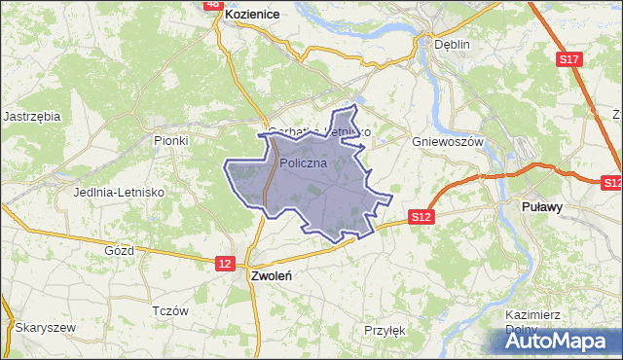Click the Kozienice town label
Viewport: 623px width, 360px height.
[252, 16]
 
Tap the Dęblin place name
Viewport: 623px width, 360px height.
[452, 44]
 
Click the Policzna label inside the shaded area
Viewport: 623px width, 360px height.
[310, 163]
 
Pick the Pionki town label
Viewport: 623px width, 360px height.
[170, 140]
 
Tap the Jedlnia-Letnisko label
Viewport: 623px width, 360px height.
[118, 192]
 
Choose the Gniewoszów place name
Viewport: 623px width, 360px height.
[448, 141]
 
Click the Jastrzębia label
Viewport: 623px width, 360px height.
[32, 116]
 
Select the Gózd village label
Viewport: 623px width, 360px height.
[119, 250]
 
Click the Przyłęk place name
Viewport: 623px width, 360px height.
[384, 330]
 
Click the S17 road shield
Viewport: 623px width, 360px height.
[569, 60]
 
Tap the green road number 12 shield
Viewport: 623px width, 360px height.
[225, 263]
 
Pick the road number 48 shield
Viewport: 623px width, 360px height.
[213, 4]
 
